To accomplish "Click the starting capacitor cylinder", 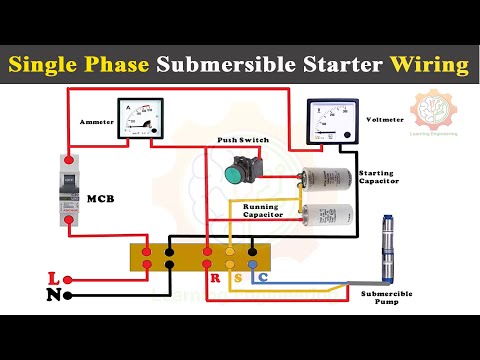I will click(329, 178).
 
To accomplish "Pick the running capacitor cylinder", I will click(329, 214).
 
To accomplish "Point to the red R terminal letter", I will click(214, 277).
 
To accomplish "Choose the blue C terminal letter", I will click(263, 277).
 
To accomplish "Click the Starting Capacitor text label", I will click(380, 178).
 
